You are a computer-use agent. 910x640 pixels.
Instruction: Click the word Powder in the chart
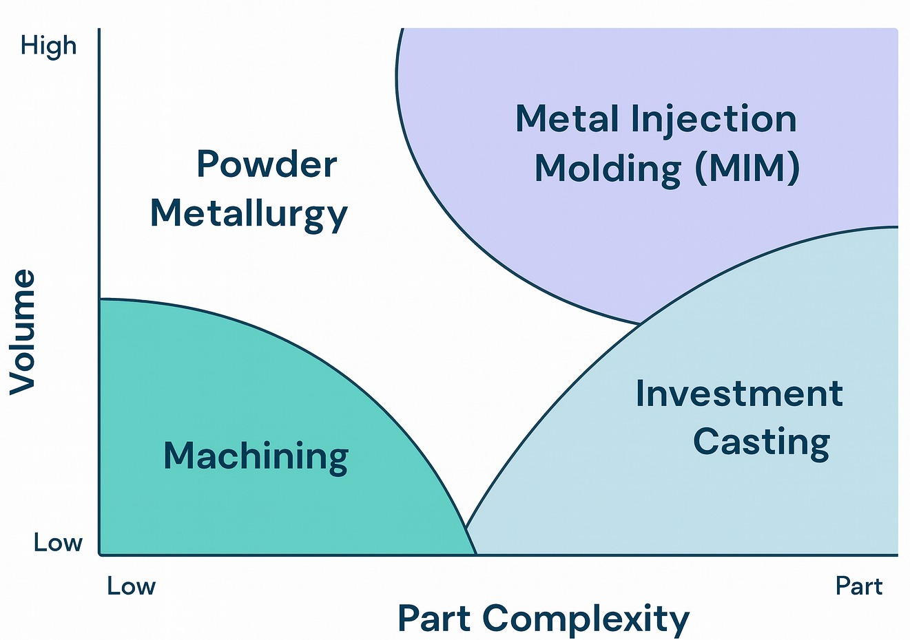(267, 164)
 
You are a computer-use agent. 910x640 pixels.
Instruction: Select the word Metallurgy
(249, 213)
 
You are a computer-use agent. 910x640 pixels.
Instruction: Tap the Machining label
(256, 456)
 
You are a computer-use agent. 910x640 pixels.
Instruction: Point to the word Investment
(738, 394)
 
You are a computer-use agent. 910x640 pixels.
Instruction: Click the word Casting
(761, 441)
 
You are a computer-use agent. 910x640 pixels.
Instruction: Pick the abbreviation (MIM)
(747, 167)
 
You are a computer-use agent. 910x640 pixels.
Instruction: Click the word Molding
(608, 167)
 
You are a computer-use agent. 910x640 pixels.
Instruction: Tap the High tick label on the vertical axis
(48, 46)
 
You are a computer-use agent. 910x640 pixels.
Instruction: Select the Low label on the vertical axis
(58, 543)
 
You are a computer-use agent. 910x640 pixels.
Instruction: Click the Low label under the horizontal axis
(131, 586)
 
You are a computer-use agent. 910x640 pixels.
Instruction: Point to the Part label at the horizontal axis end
(858, 586)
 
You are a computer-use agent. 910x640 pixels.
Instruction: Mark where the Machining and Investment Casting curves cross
(466, 529)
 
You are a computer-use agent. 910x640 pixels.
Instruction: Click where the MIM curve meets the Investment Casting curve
(641, 323)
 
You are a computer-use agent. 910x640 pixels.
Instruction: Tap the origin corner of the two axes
(101, 554)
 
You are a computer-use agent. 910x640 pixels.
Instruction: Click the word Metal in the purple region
(567, 119)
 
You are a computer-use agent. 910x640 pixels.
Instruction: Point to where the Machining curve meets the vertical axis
(101, 299)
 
